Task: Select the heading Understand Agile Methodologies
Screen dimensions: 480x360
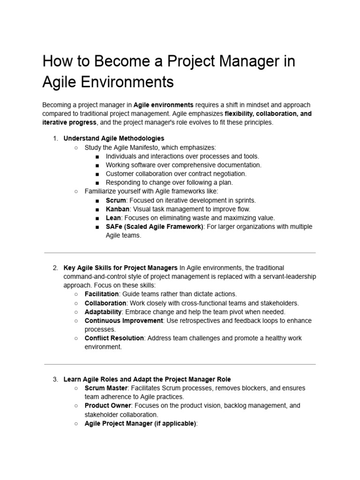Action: [x=114, y=138]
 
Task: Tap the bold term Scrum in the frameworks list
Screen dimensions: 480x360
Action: [x=116, y=200]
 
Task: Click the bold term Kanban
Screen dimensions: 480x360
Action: [x=118, y=209]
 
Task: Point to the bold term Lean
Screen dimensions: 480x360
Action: [x=113, y=218]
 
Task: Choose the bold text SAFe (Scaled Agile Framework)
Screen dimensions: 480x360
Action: [x=155, y=227]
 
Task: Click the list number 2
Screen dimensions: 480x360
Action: [x=55, y=268]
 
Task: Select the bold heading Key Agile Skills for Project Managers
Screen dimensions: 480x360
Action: [x=120, y=268]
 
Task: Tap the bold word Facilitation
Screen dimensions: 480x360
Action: [x=102, y=294]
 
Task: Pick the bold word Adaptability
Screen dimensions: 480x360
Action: [x=103, y=312]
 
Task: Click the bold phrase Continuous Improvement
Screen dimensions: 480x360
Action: [x=124, y=321]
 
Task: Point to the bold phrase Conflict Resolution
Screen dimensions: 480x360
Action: [x=114, y=338]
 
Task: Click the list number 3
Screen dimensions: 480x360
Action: [x=55, y=379]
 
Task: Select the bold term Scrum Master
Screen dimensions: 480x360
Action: [x=106, y=388]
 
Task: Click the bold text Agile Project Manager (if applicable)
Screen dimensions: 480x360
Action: [x=141, y=423]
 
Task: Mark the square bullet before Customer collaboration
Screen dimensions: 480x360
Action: [x=97, y=174]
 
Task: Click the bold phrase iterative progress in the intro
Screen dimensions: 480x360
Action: [x=69, y=122]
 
